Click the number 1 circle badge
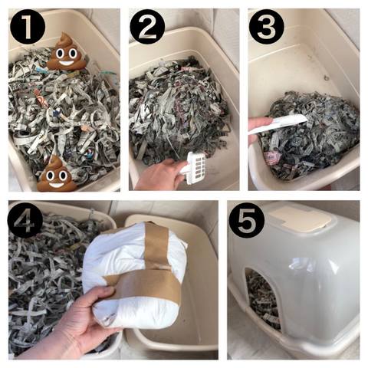pyautogui.click(x=28, y=27)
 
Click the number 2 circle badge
pyautogui.click(x=147, y=27)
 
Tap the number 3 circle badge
pyautogui.click(x=267, y=27)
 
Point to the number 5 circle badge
pyautogui.click(x=247, y=220)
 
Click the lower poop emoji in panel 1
pyautogui.click(x=57, y=173)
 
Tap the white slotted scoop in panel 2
pyautogui.click(x=195, y=168)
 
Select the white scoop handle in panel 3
pyautogui.click(x=278, y=123)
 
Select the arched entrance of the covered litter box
pyautogui.click(x=262, y=297)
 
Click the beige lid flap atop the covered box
pyautogui.click(x=301, y=218)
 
